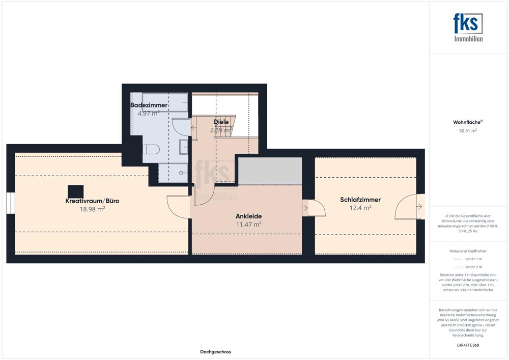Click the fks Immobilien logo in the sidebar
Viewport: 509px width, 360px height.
(468, 27)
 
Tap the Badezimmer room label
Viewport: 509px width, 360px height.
(149, 105)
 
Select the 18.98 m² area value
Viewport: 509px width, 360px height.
(92, 209)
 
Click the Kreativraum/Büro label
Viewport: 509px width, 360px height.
(92, 201)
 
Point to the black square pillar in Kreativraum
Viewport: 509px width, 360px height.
(76, 191)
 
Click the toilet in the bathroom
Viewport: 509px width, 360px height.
(151, 149)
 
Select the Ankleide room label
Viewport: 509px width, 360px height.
(249, 216)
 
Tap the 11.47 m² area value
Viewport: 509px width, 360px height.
(249, 225)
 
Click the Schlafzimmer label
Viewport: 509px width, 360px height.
(360, 200)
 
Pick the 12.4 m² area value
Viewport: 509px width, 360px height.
(360, 208)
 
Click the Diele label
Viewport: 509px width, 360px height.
(221, 122)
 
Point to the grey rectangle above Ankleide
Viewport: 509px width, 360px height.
(270, 171)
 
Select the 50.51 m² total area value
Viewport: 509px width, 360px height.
(468, 131)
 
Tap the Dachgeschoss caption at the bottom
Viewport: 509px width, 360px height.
(215, 352)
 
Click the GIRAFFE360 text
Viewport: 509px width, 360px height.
(468, 345)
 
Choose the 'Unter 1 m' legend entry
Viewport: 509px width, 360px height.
(468, 259)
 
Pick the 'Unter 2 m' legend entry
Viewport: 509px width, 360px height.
(468, 267)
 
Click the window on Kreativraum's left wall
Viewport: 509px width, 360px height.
(11, 203)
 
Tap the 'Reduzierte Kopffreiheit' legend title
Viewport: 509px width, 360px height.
(468, 251)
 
